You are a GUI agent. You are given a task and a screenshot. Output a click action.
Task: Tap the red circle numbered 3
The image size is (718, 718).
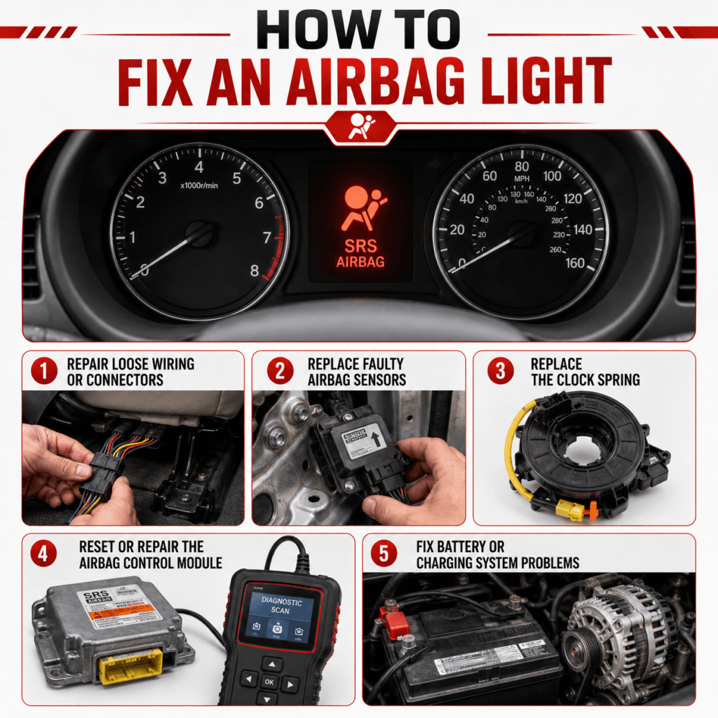500,371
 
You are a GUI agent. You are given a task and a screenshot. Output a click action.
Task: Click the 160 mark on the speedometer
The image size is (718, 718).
575,264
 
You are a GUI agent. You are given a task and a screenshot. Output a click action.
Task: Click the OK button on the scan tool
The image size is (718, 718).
269,680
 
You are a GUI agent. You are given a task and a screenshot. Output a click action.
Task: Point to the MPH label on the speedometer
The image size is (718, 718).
522,179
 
